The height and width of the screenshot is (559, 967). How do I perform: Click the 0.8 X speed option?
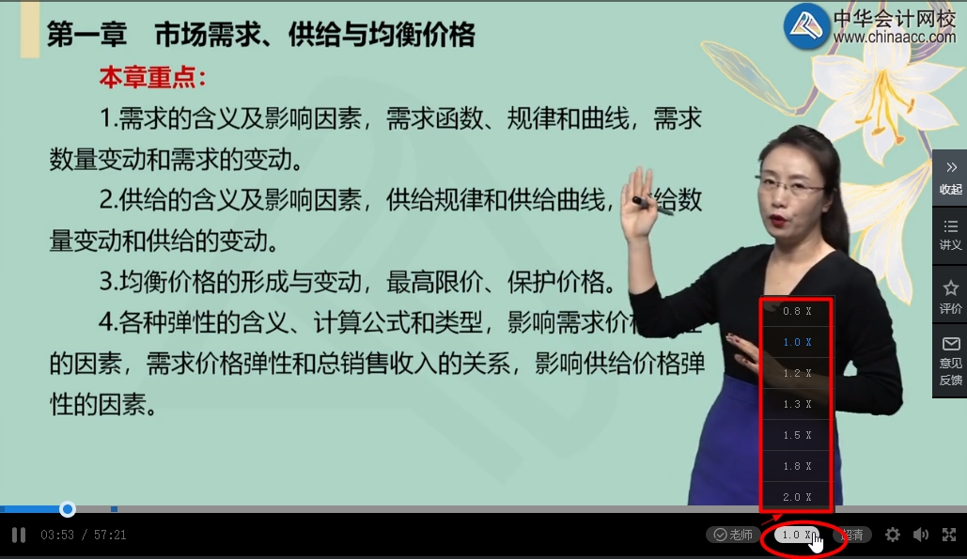pyautogui.click(x=796, y=311)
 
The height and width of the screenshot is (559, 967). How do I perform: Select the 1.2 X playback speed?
pyautogui.click(x=796, y=373)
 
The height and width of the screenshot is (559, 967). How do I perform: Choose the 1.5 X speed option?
pyautogui.click(x=796, y=435)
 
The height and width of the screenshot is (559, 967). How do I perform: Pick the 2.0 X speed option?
pyautogui.click(x=796, y=497)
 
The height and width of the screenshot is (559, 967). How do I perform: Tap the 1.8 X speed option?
pyautogui.click(x=796, y=466)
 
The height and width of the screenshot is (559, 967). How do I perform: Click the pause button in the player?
pyautogui.click(x=18, y=536)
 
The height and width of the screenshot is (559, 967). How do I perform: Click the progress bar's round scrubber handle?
pyautogui.click(x=68, y=509)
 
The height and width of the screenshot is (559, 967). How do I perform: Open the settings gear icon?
pyautogui.click(x=892, y=535)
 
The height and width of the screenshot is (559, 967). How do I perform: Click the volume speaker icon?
pyautogui.click(x=921, y=535)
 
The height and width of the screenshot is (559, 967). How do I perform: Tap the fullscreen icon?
pyautogui.click(x=949, y=535)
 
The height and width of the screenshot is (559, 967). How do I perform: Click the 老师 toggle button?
pyautogui.click(x=733, y=535)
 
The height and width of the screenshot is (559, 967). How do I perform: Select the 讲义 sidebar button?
pyautogui.click(x=950, y=235)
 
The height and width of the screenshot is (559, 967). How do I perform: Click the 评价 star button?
pyautogui.click(x=950, y=296)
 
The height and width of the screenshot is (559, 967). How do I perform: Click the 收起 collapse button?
pyautogui.click(x=950, y=177)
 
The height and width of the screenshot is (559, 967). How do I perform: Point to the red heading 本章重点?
pyautogui.click(x=152, y=77)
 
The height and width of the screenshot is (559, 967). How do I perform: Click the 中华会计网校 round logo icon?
pyautogui.click(x=806, y=26)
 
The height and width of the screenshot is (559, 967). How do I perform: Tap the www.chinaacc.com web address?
pyautogui.click(x=894, y=37)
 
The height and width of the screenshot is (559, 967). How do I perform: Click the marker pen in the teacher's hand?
pyautogui.click(x=652, y=205)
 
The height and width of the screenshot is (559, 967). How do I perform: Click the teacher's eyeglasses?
pyautogui.click(x=789, y=187)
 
